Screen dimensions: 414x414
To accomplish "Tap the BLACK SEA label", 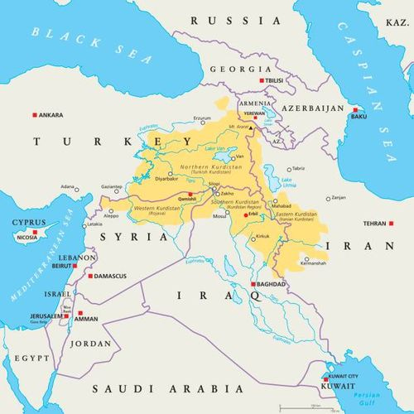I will (91, 46).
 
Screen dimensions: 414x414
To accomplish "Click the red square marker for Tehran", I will (368, 224).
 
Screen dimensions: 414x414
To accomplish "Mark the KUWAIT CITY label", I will (343, 376).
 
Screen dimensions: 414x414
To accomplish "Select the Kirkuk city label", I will (262, 236).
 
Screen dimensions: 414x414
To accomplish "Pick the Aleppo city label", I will (111, 215).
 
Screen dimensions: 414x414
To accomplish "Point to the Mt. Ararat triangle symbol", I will (253, 128).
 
